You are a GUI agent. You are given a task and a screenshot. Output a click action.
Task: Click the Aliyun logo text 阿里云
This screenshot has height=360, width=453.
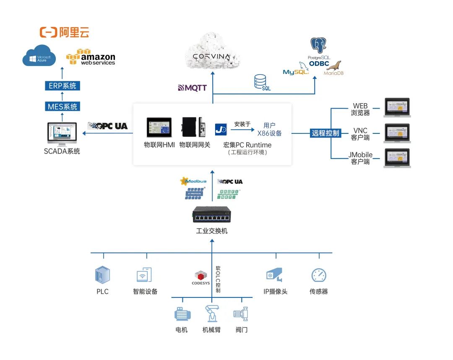73,33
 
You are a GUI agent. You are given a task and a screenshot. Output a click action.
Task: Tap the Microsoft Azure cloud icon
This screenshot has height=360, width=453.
39,56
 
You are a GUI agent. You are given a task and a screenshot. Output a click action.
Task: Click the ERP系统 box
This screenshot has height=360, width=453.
62,86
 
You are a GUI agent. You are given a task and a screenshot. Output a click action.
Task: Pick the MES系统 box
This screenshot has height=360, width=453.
62,107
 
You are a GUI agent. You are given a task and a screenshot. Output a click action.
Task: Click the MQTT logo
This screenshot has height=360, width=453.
193,88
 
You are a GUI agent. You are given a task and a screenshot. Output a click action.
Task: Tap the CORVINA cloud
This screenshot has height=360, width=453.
213,55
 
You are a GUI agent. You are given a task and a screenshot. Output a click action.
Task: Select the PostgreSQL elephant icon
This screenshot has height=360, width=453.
318,46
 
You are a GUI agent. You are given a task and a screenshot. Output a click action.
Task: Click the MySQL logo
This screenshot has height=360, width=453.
296,70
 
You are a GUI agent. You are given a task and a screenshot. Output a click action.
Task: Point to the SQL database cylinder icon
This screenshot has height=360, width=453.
261,82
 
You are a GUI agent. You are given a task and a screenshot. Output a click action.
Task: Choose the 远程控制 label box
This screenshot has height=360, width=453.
325,133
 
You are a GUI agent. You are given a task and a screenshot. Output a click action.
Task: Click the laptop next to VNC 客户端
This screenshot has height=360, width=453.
397,134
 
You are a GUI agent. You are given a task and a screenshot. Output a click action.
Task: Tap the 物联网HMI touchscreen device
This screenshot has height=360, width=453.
159,128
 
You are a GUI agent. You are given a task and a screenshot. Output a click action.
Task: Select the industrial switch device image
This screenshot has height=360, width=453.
212,215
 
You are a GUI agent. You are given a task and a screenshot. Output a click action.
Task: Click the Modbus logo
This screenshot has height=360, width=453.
193,181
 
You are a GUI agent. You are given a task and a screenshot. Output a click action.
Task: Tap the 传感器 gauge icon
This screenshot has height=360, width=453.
319,275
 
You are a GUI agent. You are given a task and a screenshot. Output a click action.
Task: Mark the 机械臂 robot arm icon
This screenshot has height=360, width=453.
211,314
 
